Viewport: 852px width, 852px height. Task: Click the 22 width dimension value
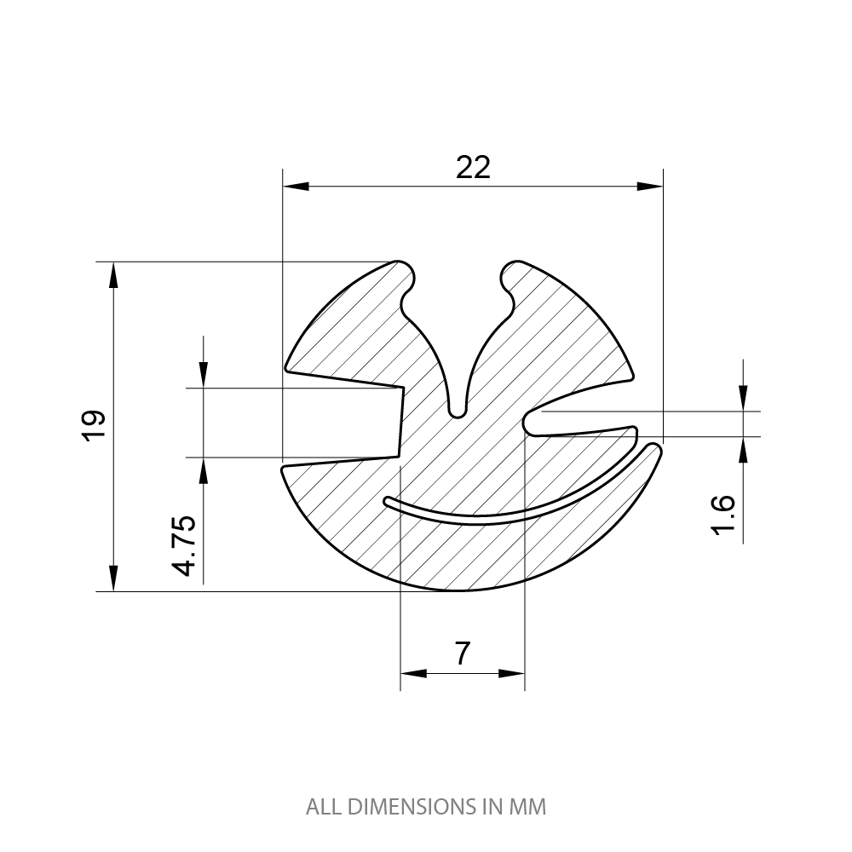[474, 167]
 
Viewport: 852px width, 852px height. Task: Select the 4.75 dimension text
[186, 545]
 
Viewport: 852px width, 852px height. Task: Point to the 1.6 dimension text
[722, 515]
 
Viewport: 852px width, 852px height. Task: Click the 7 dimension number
[462, 653]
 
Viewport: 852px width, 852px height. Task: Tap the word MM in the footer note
[527, 806]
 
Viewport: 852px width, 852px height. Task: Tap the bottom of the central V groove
[458, 412]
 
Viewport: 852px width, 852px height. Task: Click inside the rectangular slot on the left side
[341, 423]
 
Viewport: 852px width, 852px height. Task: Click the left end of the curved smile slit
[388, 500]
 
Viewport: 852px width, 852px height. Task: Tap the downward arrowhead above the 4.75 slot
[204, 376]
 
